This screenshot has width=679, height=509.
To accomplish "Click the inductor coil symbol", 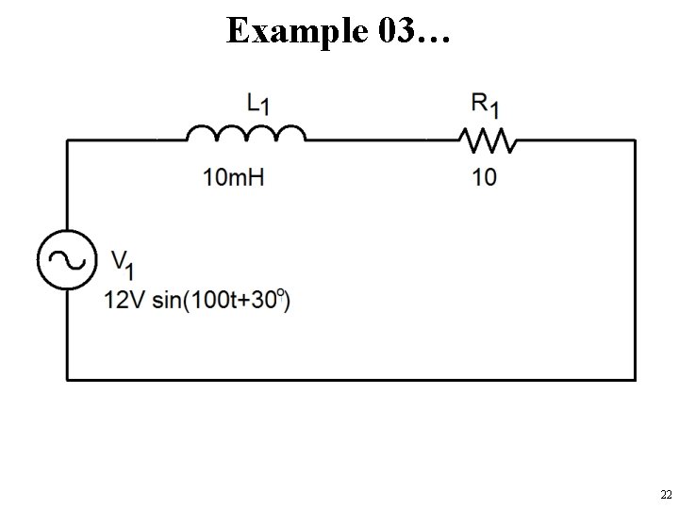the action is point(245,135).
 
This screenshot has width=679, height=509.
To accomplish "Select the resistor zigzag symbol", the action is point(488,140).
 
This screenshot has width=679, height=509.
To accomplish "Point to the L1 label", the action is point(257,103).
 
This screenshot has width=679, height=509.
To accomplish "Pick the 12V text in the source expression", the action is point(123,301).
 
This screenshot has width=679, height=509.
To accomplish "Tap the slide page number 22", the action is point(665,495).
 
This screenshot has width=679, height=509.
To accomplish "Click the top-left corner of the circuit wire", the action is point(67,141).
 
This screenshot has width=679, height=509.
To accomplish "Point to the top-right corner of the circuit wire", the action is point(633,141).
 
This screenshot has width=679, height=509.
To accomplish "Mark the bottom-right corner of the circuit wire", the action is point(633,379).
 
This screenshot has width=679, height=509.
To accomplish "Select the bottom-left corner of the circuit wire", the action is point(67,379).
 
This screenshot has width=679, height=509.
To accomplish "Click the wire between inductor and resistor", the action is point(382,141).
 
